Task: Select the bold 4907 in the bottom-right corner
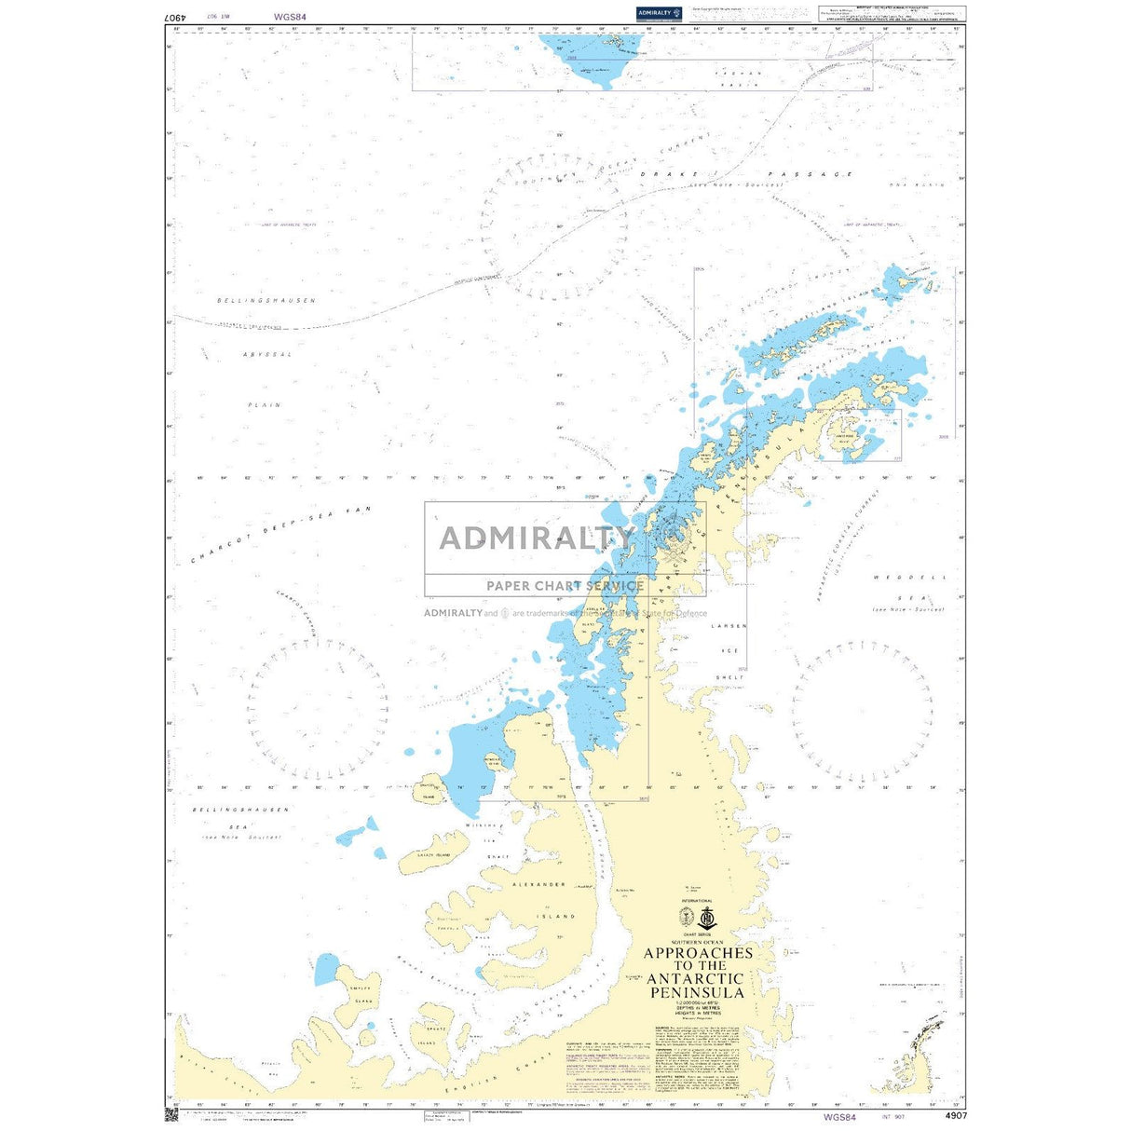click(955, 1115)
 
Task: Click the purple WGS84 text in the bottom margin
click(839, 1116)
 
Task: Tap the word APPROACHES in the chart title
click(698, 953)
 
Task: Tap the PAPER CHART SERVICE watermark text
click(565, 586)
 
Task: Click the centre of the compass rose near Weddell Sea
click(862, 712)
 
